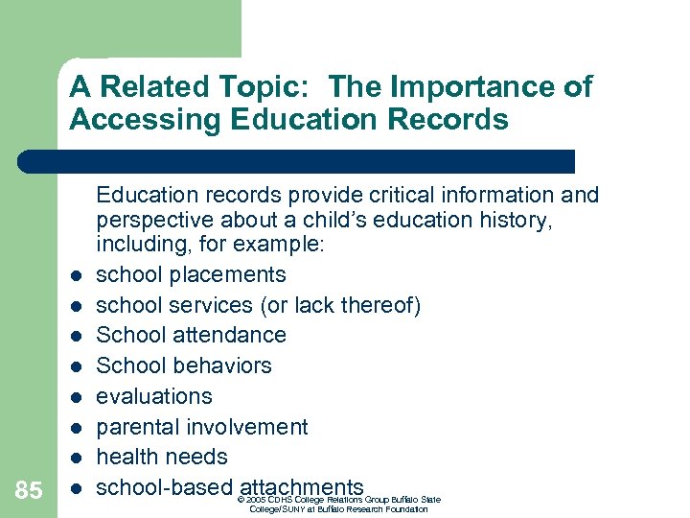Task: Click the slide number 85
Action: tap(29, 491)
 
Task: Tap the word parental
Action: tap(136, 427)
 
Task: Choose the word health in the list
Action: tap(126, 457)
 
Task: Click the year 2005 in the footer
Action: tap(256, 500)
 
